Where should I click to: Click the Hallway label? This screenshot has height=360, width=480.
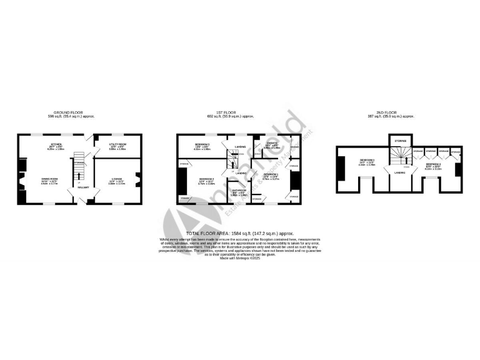[82, 187]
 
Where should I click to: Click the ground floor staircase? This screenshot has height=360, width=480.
[79, 164]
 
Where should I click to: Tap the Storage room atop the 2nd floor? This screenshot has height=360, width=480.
[399, 142]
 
